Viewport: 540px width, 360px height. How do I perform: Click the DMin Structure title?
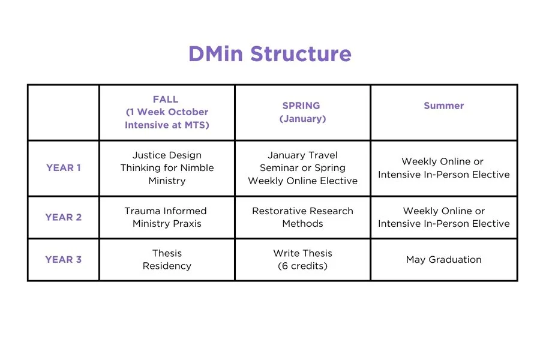point(269,54)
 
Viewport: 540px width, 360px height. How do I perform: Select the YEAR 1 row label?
point(63,168)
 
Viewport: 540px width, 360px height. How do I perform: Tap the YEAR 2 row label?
point(63,217)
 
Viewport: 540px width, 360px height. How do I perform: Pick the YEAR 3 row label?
point(63,260)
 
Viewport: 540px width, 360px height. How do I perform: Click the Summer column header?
point(443,106)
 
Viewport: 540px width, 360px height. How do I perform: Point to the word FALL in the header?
point(166,99)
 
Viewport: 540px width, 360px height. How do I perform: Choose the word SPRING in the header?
point(302,106)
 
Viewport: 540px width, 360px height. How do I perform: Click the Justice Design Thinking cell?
point(167,168)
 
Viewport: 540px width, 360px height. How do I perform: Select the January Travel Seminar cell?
point(302,168)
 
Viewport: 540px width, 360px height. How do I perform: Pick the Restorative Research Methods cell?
point(302,217)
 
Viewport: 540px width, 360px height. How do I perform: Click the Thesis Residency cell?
point(167,259)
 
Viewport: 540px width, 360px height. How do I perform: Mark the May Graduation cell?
point(443,260)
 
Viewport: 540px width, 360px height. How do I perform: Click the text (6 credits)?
point(302,266)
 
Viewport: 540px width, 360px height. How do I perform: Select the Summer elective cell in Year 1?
point(443,168)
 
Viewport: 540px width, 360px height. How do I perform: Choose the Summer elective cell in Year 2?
point(443,217)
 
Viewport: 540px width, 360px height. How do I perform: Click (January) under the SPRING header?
point(302,119)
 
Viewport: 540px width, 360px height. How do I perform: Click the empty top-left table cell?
point(63,112)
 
